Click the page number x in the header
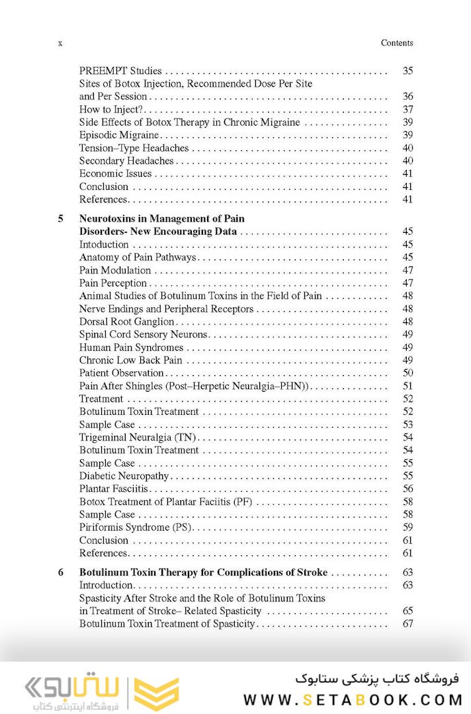60,44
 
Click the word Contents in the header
397,43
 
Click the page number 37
407,110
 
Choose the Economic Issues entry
116,174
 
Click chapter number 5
61,218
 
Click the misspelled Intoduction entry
104,245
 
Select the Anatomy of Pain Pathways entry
137,257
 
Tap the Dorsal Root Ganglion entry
126,322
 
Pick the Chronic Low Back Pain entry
130,361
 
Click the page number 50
407,373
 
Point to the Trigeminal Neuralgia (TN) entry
138,437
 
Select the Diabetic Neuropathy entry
124,476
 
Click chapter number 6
61,572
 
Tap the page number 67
407,624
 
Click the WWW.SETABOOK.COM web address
351,699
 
